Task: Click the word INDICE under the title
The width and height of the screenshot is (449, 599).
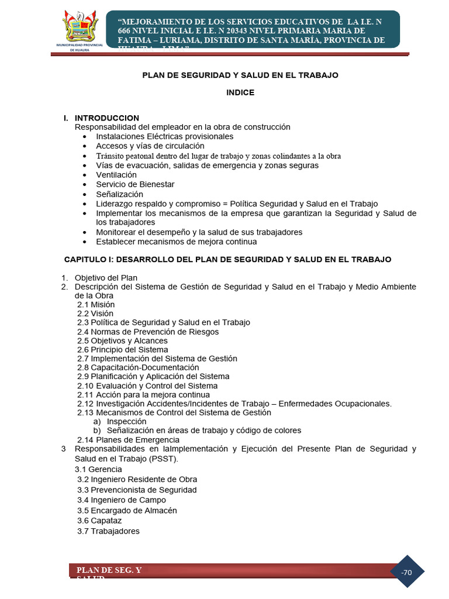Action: pyautogui.click(x=240, y=92)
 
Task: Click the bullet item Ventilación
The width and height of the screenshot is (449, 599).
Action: pyautogui.click(x=116, y=175)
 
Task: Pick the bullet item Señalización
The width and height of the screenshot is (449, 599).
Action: pyautogui.click(x=119, y=194)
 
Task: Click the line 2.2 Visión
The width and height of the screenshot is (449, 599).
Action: pyautogui.click(x=95, y=314)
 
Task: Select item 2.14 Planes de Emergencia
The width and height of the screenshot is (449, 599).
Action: pyautogui.click(x=128, y=440)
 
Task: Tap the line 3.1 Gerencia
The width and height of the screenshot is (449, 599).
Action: pyautogui.click(x=98, y=469)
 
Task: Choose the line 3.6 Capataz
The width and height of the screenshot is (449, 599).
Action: pyautogui.click(x=99, y=521)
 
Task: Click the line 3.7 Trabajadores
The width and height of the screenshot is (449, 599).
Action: pyautogui.click(x=108, y=531)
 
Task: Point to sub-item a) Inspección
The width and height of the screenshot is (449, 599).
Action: pyautogui.click(x=120, y=421)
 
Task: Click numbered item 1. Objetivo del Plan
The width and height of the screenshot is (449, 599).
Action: pyautogui.click(x=105, y=277)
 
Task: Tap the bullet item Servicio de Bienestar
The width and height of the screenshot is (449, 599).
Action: pyautogui.click(x=135, y=184)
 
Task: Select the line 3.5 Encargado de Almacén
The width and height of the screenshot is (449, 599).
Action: pyautogui.click(x=127, y=510)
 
